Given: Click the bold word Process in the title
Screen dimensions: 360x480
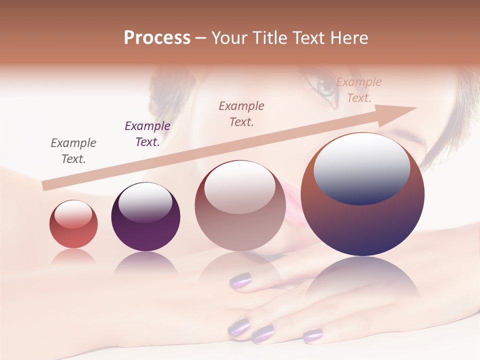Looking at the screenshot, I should (157, 38).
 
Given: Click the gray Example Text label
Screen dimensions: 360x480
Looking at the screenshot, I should (73, 151).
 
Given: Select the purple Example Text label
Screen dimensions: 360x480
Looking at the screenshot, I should (147, 134).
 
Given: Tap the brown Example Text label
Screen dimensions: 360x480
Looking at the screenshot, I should (241, 114).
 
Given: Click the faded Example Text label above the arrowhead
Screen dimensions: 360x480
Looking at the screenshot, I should (358, 90).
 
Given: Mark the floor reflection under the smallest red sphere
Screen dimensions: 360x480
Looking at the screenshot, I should (73, 256).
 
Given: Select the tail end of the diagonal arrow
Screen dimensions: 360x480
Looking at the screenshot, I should (46, 185).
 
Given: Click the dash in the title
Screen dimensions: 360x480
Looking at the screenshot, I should (201, 38).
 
